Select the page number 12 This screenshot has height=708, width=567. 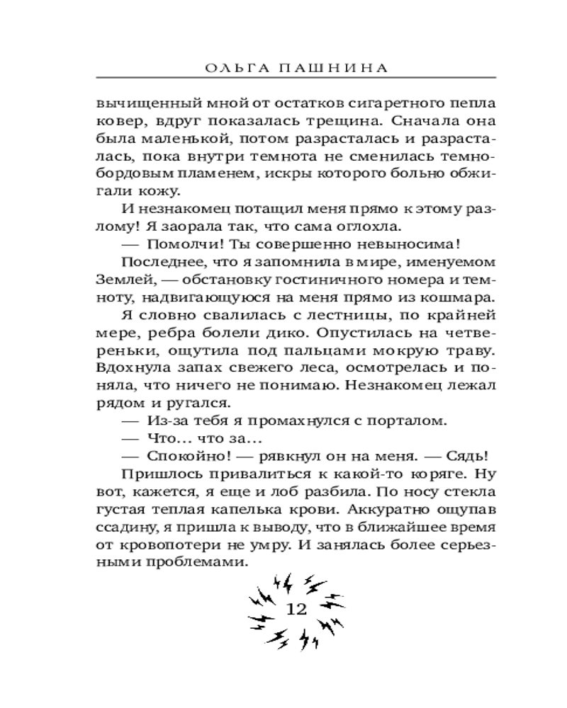[x=295, y=609]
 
